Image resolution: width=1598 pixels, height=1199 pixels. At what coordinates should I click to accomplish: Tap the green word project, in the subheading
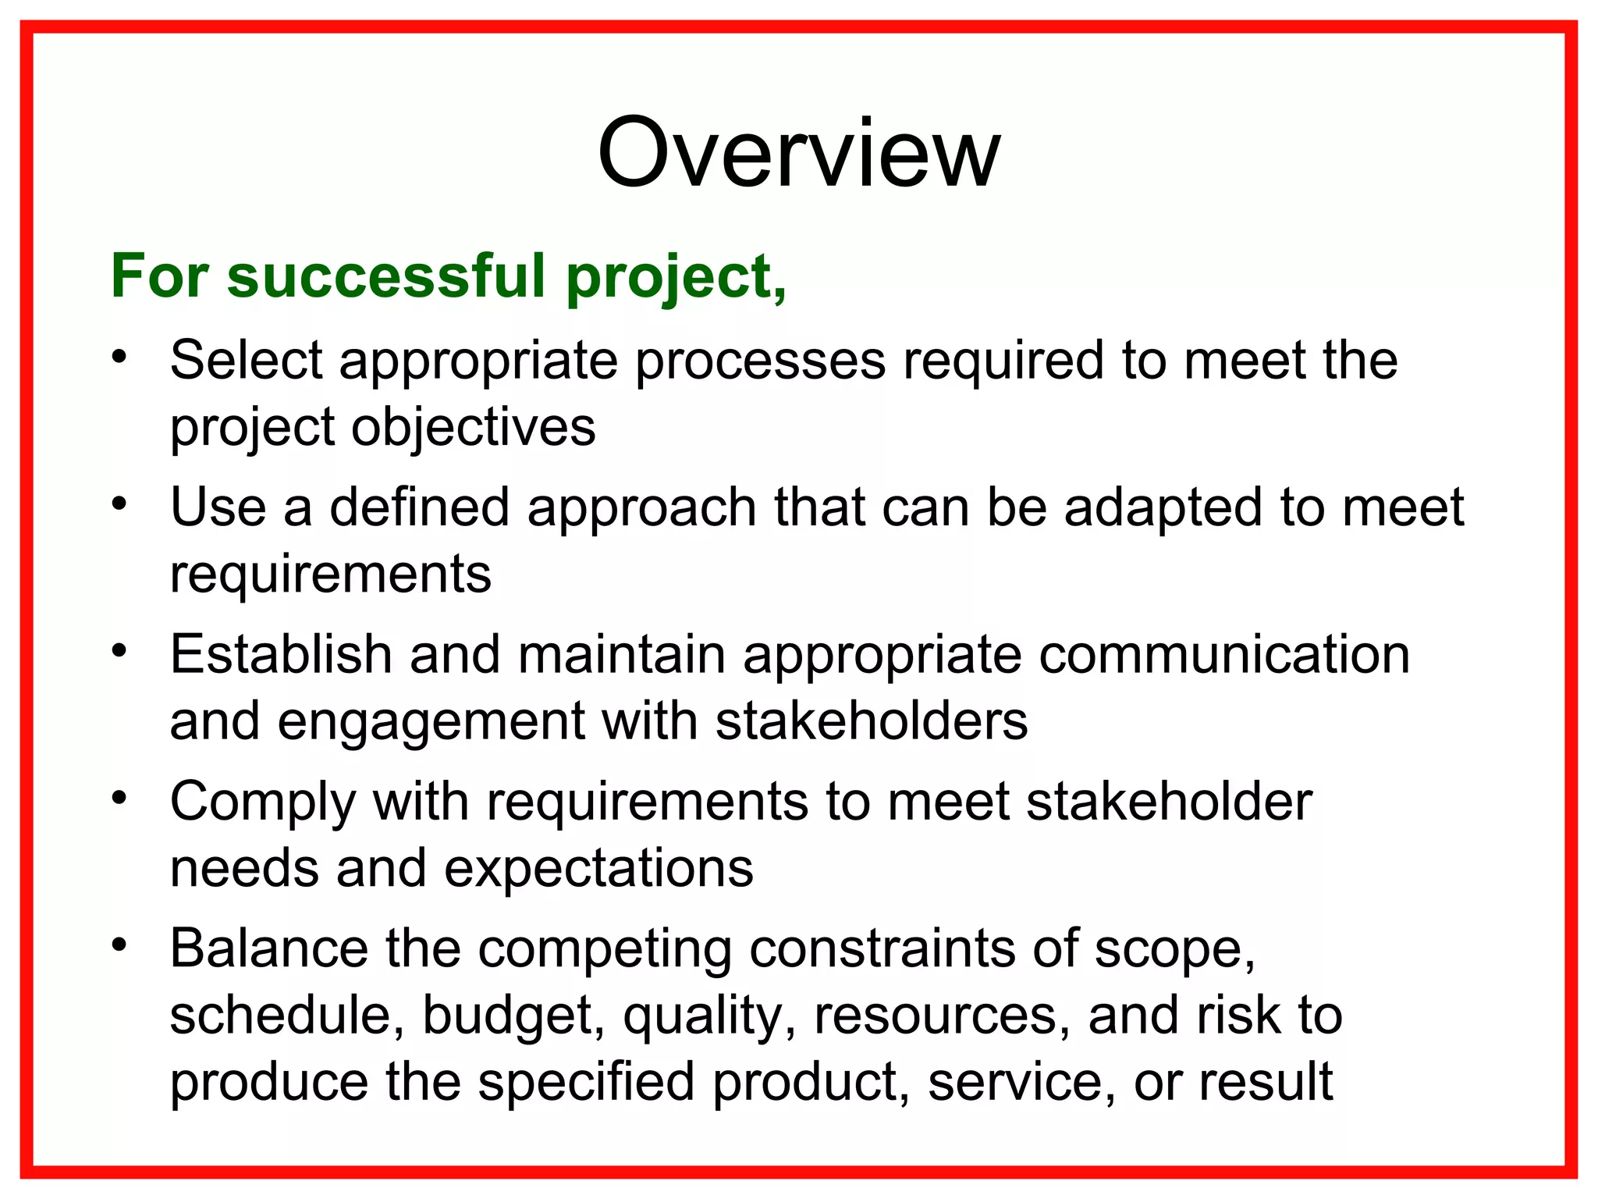[676, 278]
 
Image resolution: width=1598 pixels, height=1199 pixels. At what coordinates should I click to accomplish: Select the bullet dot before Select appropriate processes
[119, 358]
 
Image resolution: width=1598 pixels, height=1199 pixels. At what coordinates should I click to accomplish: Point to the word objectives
[473, 428]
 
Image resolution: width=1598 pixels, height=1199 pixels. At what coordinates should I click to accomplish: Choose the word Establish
[280, 654]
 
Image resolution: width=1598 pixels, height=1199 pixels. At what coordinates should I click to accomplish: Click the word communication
[1223, 654]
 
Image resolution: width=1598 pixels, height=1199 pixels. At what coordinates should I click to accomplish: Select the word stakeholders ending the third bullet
[871, 721]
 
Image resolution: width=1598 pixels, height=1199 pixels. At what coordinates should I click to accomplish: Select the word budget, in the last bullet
[513, 1016]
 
